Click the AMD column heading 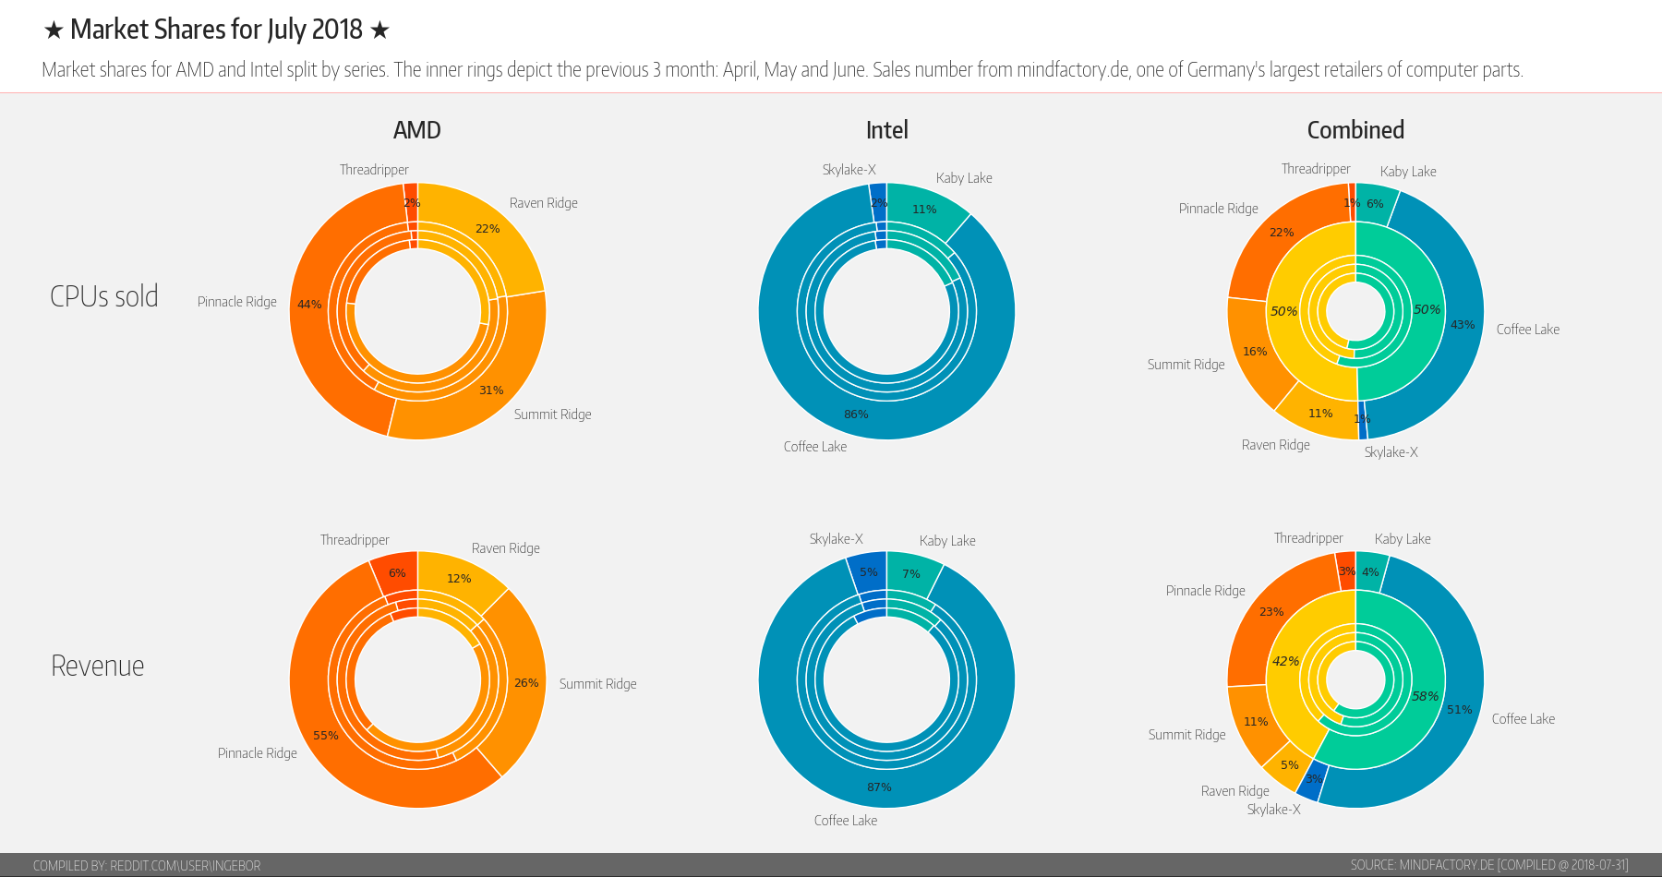pos(417,130)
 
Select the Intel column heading pos(886,130)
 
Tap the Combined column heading pos(1355,130)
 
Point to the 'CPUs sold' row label pos(104,296)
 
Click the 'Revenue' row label pos(98,666)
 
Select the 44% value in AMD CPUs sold pos(309,305)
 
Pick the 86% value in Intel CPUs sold pos(856,414)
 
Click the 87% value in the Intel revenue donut pos(879,787)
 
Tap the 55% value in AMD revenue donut pos(325,736)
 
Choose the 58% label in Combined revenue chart pos(1425,696)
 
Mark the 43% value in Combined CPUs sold pos(1463,325)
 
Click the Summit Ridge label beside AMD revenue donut pos(597,684)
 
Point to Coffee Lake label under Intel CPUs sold pos(815,447)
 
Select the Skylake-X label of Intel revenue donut pos(836,539)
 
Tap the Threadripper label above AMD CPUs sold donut pos(374,170)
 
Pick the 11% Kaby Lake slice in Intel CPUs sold pos(924,210)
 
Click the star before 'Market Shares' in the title pos(54,30)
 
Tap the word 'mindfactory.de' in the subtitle pos(1073,70)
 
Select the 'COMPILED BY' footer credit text pos(147,865)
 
